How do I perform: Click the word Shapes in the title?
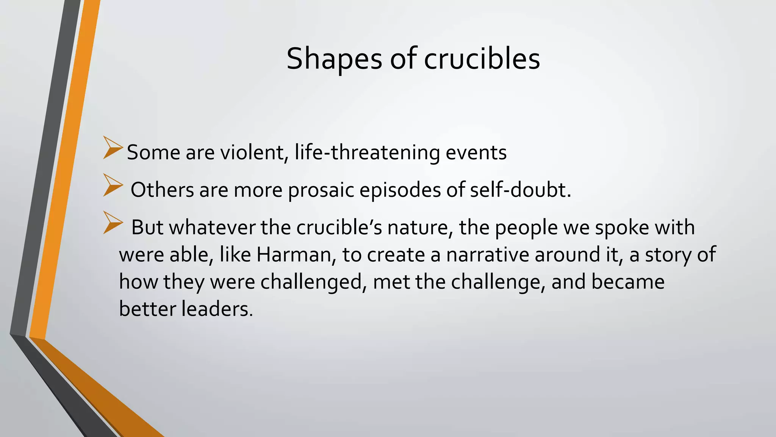[x=334, y=59]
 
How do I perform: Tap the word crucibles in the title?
[x=482, y=59]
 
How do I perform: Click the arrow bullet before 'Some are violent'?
[x=113, y=148]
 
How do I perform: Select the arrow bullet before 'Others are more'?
[x=113, y=185]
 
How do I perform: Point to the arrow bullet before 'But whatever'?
[x=113, y=223]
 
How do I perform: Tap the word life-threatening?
[x=367, y=152]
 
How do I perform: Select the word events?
[x=476, y=152]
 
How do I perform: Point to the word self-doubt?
[x=520, y=190]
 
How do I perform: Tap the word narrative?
[x=487, y=255]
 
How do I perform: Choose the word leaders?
[x=217, y=309]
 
